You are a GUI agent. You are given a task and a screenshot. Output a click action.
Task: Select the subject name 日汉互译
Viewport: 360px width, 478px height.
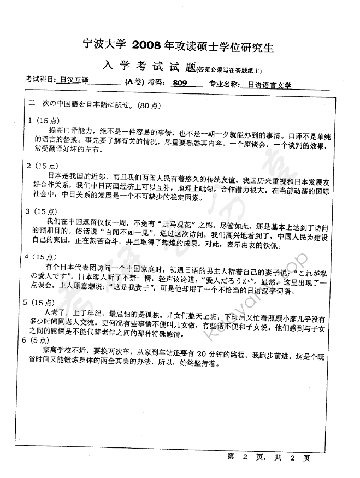(x=75, y=84)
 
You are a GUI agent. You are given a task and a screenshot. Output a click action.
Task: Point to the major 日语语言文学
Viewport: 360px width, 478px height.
(x=270, y=85)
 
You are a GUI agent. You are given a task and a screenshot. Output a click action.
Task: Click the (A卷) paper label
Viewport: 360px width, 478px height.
(x=134, y=83)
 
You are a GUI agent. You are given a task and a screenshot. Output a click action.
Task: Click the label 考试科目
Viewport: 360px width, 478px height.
(x=40, y=83)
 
